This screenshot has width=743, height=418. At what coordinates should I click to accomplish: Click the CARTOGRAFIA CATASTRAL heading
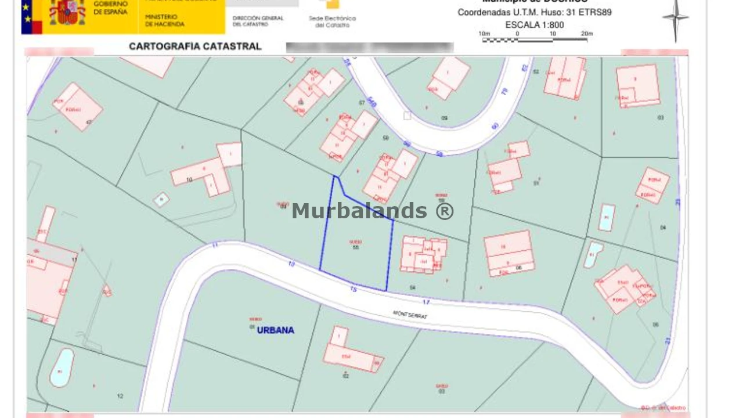(195, 46)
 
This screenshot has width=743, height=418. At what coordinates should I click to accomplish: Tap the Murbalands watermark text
(372, 211)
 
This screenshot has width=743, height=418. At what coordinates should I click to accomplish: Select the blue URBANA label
(275, 330)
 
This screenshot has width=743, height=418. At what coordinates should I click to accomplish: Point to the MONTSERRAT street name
(410, 315)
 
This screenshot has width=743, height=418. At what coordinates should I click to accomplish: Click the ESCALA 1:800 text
(534, 25)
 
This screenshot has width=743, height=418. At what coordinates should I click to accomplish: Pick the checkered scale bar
(534, 39)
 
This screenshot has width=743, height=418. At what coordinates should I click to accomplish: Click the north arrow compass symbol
(675, 19)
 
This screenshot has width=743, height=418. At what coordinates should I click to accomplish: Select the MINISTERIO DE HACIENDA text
(165, 21)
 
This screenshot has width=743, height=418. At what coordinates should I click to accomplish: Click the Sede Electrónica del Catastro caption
(332, 21)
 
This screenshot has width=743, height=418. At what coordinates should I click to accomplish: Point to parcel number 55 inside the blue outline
(355, 247)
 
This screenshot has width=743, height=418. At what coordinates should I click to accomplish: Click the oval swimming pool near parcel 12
(62, 367)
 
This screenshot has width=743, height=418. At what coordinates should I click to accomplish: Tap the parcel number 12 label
(120, 397)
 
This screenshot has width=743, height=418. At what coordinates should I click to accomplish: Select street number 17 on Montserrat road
(426, 302)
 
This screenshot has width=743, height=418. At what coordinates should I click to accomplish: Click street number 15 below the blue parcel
(353, 289)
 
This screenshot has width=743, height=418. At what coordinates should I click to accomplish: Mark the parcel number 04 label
(663, 228)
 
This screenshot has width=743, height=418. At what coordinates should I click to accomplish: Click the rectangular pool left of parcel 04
(606, 218)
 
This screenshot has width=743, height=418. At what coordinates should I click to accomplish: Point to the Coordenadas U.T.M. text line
(534, 12)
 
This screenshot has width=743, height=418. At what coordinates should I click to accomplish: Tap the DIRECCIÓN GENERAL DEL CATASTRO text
(258, 21)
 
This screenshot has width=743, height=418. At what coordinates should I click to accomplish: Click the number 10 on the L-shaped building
(189, 180)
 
